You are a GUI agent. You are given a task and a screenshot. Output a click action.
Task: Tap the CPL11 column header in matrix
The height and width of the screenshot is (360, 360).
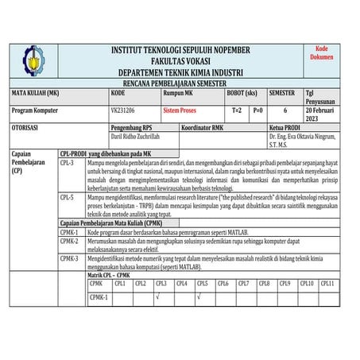tap(326, 283)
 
